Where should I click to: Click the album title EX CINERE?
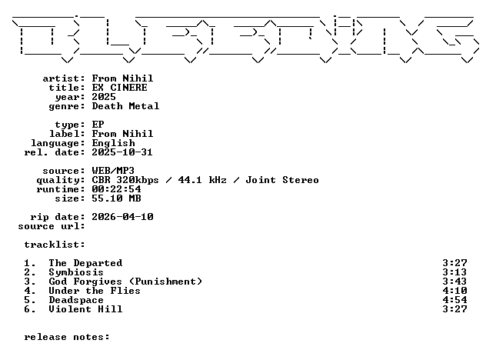pyautogui.click(x=119, y=88)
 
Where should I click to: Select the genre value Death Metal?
pyautogui.click(x=125, y=106)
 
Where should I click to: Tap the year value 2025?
pyautogui.click(x=104, y=97)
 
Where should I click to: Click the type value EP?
pyautogui.click(x=98, y=125)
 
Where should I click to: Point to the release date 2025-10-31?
pyautogui.click(x=122, y=152)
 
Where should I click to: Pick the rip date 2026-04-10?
pyautogui.click(x=122, y=217)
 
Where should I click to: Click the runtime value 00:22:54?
pyautogui.click(x=116, y=189)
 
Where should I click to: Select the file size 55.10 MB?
pyautogui.click(x=116, y=198)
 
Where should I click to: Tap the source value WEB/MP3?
pyautogui.click(x=113, y=171)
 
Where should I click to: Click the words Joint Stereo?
pyautogui.click(x=282, y=180)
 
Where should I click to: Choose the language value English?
pyautogui.click(x=114, y=143)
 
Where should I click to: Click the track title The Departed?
pyautogui.click(x=85, y=263)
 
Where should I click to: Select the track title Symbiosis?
pyautogui.click(x=76, y=272)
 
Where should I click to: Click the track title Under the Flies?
pyautogui.click(x=95, y=291)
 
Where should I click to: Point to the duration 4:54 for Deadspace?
pyautogui.click(x=454, y=300)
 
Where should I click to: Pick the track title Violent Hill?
pyautogui.click(x=85, y=309)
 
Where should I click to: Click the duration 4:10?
pyautogui.click(x=454, y=291)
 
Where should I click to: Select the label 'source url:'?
pyautogui.click(x=52, y=226)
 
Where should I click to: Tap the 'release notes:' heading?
pyautogui.click(x=67, y=337)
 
